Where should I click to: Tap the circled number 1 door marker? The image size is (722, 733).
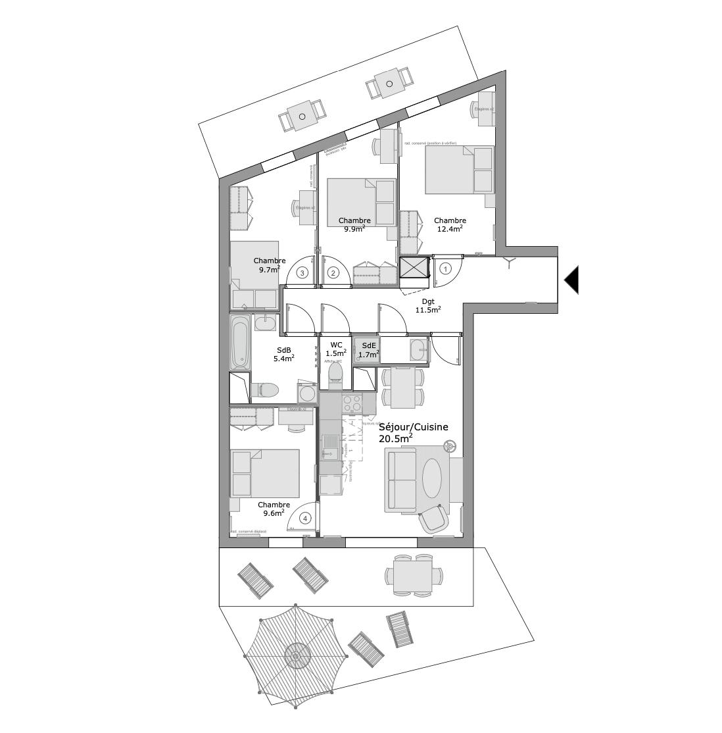(x=445, y=268)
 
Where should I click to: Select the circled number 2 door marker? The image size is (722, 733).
(x=333, y=272)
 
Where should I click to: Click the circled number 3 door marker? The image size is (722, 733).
(x=302, y=272)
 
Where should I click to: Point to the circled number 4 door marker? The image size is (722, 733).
(x=304, y=518)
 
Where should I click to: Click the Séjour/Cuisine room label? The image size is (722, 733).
(x=413, y=427)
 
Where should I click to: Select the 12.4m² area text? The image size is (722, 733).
(x=450, y=229)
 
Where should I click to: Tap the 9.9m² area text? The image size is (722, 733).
(x=354, y=230)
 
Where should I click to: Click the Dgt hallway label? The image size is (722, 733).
(x=428, y=301)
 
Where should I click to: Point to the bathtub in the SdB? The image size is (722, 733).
(x=240, y=342)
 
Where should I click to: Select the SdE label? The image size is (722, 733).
(x=369, y=345)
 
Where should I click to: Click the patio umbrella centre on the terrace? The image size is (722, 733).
(x=296, y=656)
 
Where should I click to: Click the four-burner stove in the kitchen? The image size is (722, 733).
(x=352, y=403)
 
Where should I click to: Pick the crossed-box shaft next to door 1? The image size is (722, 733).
(x=413, y=268)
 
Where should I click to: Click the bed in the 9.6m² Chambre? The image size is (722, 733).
(x=264, y=473)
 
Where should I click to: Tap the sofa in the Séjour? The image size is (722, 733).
(x=400, y=480)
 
